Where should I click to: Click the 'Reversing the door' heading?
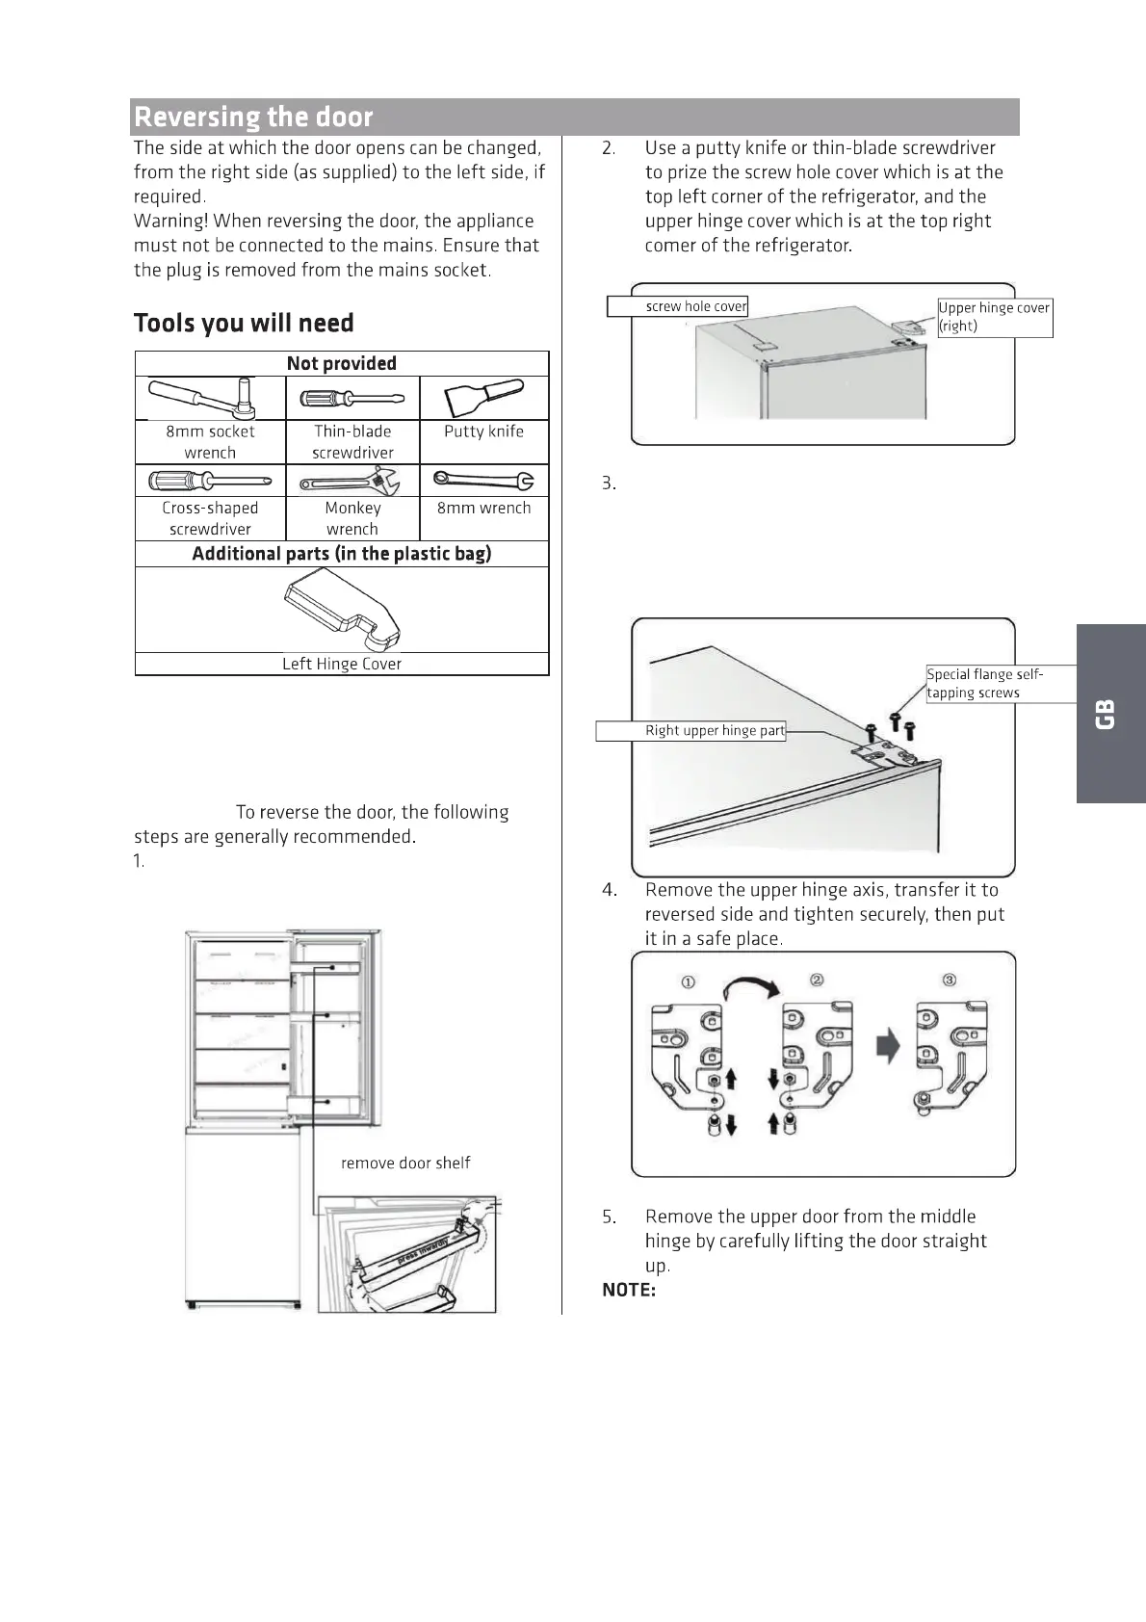(253, 118)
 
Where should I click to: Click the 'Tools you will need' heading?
(244, 323)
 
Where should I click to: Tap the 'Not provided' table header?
(341, 363)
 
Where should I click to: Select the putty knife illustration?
(484, 398)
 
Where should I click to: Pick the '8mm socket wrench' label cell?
(210, 442)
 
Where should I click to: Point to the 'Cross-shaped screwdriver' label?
(210, 518)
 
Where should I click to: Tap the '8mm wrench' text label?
(483, 508)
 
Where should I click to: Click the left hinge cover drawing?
(342, 610)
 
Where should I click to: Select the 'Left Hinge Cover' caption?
(342, 664)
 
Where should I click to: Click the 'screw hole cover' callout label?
(695, 306)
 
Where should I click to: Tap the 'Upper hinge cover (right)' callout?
(994, 317)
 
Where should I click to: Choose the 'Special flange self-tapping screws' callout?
(984, 683)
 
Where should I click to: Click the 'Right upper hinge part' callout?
(715, 730)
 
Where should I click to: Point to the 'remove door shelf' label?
(405, 1163)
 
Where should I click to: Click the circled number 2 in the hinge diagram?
(817, 980)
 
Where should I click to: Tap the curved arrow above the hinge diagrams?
(751, 987)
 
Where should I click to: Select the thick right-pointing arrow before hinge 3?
(887, 1045)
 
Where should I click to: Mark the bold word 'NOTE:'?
(629, 1290)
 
